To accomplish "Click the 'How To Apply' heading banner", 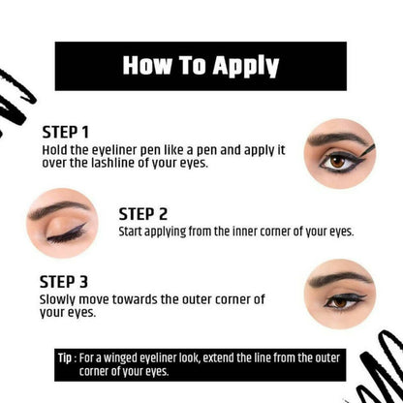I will (x=201, y=66).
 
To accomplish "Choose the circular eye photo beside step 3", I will (x=338, y=293).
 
